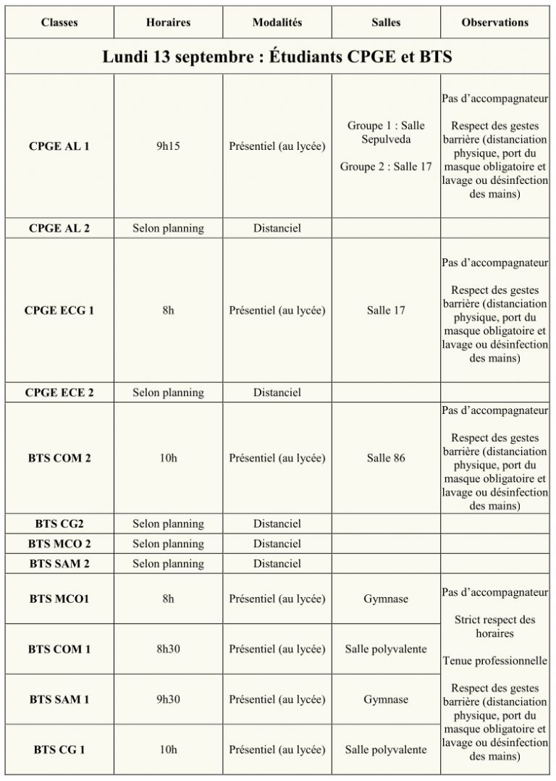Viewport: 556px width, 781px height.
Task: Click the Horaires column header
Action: [168, 22]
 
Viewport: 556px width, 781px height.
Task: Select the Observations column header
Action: [494, 22]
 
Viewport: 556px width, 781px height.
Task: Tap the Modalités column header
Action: [277, 22]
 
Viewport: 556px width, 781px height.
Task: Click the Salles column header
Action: [386, 22]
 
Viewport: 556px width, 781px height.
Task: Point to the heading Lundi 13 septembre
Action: [277, 56]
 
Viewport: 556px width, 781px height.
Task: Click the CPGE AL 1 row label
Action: [59, 146]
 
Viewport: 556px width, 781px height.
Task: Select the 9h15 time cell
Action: [168, 146]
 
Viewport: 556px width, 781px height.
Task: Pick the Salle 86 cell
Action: [386, 458]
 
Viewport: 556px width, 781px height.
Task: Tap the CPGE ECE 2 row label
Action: [59, 393]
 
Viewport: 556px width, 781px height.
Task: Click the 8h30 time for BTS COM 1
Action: [168, 649]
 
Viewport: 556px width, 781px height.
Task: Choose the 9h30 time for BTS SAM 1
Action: [168, 700]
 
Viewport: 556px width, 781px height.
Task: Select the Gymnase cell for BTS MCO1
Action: [386, 599]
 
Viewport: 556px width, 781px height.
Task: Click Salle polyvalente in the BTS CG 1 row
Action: [386, 750]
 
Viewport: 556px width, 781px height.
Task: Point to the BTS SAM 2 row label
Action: [59, 564]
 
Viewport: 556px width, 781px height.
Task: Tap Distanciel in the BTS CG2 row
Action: [277, 524]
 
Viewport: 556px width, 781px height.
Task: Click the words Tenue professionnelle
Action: [494, 661]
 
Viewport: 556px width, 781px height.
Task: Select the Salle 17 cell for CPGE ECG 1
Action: [386, 311]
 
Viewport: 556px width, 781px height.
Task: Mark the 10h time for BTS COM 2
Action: [168, 458]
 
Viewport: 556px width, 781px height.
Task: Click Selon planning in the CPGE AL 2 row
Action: [168, 229]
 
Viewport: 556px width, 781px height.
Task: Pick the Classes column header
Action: [59, 22]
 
